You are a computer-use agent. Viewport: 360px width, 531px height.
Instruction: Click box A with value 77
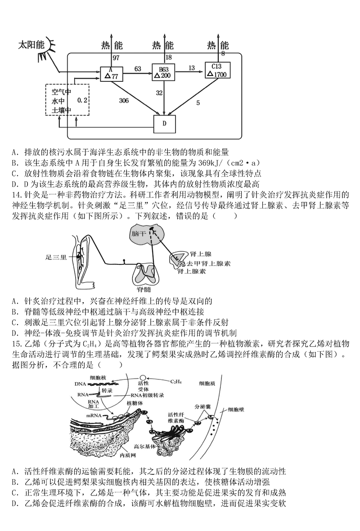pyautogui.click(x=112, y=74)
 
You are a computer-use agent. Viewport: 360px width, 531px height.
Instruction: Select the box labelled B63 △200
pyautogui.click(x=163, y=72)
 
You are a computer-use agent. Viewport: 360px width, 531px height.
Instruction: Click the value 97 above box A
pyautogui.click(x=116, y=58)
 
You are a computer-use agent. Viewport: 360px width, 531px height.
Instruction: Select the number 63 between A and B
pyautogui.click(x=138, y=68)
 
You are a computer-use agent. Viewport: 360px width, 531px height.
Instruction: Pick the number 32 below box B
pyautogui.click(x=159, y=93)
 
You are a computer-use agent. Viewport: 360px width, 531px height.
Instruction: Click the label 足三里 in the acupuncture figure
pyautogui.click(x=56, y=258)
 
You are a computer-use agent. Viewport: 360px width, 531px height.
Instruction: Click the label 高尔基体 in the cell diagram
pyautogui.click(x=144, y=447)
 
